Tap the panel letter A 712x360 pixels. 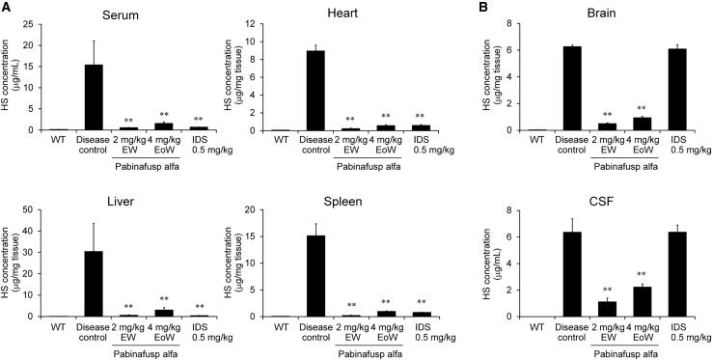click(8, 8)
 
